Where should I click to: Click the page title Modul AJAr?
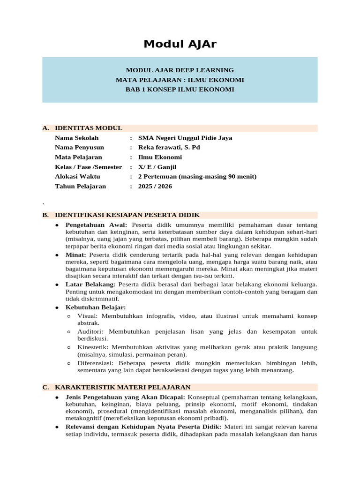180,45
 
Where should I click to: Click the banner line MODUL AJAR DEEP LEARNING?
180,70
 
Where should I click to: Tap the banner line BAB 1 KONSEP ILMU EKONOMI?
180,89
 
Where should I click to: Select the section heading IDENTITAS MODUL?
89,128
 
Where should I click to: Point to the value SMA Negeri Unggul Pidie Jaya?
185,138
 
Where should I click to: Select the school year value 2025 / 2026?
155,186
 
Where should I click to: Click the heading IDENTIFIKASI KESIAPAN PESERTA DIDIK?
127,215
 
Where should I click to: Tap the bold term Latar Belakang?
90,284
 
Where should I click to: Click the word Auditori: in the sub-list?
91,331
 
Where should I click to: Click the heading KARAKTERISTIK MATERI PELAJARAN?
123,387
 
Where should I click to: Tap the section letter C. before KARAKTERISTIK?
45,387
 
